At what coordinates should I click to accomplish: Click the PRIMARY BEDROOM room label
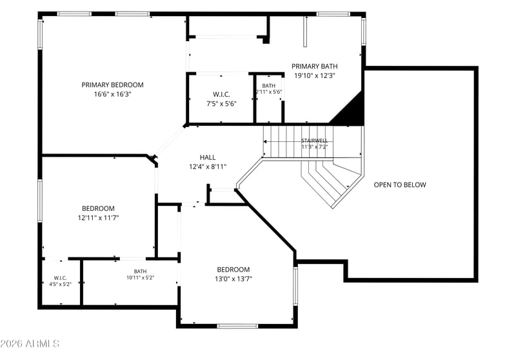[x=112, y=85]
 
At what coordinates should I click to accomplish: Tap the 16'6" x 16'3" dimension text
[x=112, y=94]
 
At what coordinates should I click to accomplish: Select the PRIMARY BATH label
[x=315, y=66]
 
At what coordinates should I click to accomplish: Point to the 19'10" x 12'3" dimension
[x=315, y=75]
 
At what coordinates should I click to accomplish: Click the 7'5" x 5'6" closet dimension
[x=221, y=104]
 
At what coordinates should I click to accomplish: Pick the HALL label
[x=208, y=157]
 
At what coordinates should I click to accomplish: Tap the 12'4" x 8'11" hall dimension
[x=208, y=166]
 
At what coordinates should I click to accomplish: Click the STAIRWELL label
[x=315, y=141]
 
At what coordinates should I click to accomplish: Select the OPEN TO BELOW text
[x=400, y=185]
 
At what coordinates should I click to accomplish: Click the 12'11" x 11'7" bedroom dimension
[x=99, y=217]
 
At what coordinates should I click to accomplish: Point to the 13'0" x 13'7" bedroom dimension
[x=233, y=279]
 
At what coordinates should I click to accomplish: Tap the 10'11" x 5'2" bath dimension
[x=141, y=277]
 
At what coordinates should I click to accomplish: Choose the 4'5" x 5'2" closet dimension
[x=60, y=284]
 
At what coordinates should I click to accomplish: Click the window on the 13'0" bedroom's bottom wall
[x=237, y=326]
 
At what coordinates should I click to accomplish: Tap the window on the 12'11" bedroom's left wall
[x=40, y=201]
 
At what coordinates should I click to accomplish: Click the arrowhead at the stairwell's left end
[x=264, y=142]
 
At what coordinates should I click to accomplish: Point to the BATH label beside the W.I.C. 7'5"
[x=269, y=86]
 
